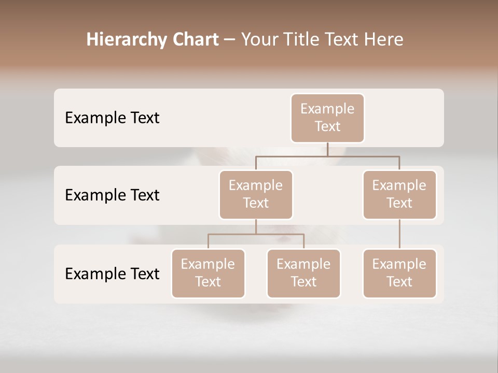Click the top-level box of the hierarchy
327,118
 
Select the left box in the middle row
256,195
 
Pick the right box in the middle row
399,195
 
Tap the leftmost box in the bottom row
208,274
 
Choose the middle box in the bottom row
303,274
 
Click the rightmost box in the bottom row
399,274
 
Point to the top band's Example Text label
112,118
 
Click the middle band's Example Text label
112,195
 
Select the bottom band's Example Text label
112,274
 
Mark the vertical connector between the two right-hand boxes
399,234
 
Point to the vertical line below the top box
327,149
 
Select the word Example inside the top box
327,109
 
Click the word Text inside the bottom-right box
399,282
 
